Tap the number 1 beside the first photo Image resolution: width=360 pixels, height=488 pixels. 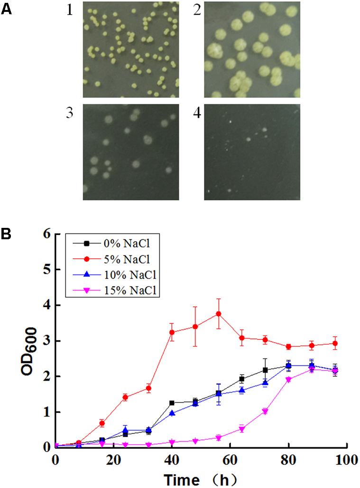coord(69,10)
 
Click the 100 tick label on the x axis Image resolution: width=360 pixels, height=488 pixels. coord(348,460)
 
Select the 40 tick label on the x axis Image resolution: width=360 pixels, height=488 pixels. coord(172,460)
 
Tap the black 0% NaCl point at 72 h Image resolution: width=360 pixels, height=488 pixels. coord(265,370)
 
